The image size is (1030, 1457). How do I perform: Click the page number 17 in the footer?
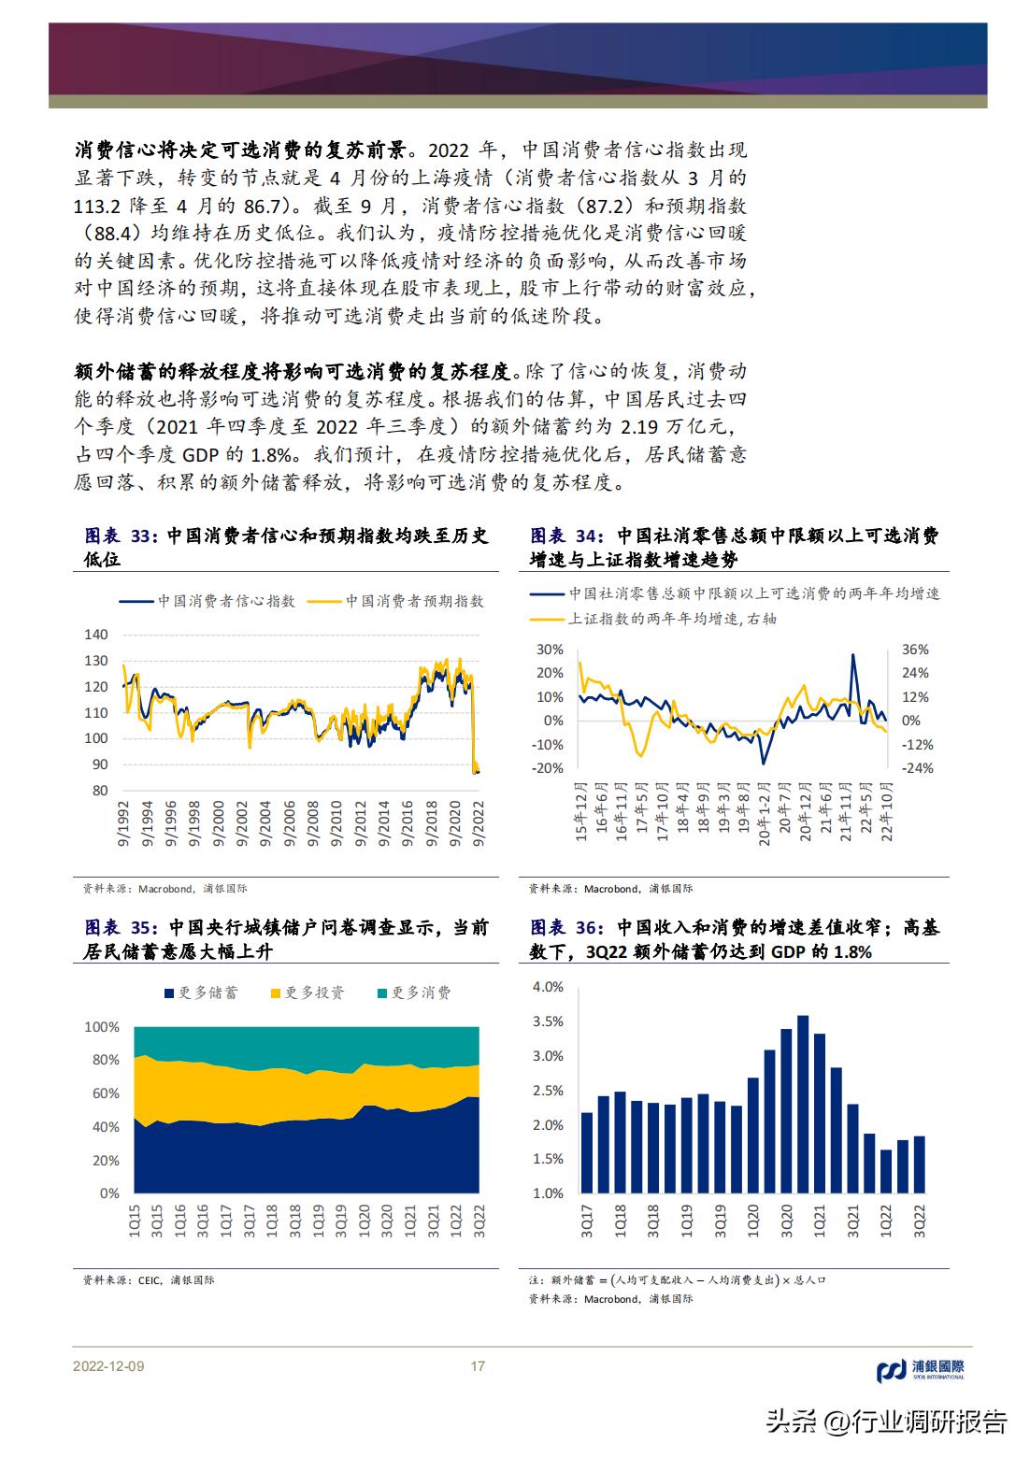coord(478,1366)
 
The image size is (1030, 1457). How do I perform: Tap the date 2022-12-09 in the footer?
coord(108,1366)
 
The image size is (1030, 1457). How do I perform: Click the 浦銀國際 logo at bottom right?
coord(920,1370)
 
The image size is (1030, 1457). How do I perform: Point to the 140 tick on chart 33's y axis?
coord(96,634)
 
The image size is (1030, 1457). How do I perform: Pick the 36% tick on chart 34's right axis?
coord(915,650)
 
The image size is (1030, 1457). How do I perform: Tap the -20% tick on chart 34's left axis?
coord(549,768)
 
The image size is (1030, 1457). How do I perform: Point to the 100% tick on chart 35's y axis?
coord(102,1027)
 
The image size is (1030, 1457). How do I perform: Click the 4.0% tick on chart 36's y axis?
coord(548,987)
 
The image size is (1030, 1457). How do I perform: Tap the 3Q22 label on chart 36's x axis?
coord(919,1221)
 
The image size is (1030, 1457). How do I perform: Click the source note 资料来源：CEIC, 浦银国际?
coord(148,1279)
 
